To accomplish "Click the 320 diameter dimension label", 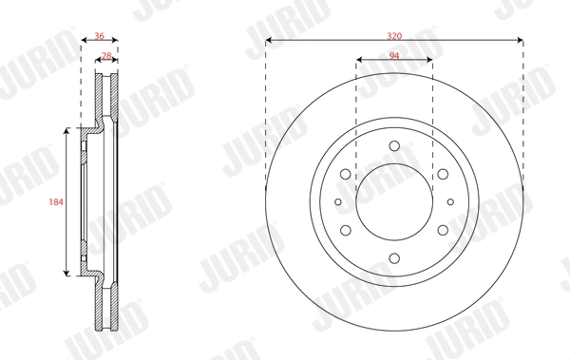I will [393, 34].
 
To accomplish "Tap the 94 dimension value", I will [393, 56].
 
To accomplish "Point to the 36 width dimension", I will [100, 35].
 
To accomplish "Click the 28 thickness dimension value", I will [106, 57].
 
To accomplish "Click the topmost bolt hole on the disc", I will [393, 146].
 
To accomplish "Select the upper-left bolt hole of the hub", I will [346, 174].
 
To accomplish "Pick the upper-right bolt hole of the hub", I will [442, 174].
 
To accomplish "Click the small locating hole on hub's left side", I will [337, 201].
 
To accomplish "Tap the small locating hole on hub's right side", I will [450, 201].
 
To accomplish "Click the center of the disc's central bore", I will [393, 201].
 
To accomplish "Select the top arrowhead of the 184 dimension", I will [66, 131].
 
